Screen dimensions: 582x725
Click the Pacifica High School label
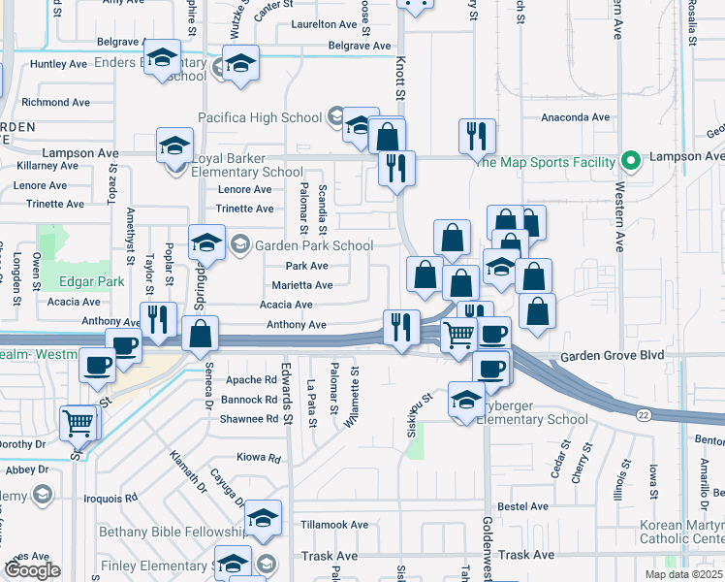coord(260,117)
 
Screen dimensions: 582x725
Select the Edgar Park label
coord(90,282)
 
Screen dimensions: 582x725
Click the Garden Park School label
coord(314,245)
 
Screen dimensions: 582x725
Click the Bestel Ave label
coord(522,506)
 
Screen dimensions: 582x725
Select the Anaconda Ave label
coord(575,117)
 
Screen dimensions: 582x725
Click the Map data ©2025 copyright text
coord(683,574)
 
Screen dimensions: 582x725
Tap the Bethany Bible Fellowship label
coord(173,533)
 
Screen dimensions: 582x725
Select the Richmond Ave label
coord(55,102)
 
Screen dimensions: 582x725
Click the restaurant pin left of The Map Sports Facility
coord(477,137)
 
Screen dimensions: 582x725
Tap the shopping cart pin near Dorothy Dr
coord(79,421)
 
